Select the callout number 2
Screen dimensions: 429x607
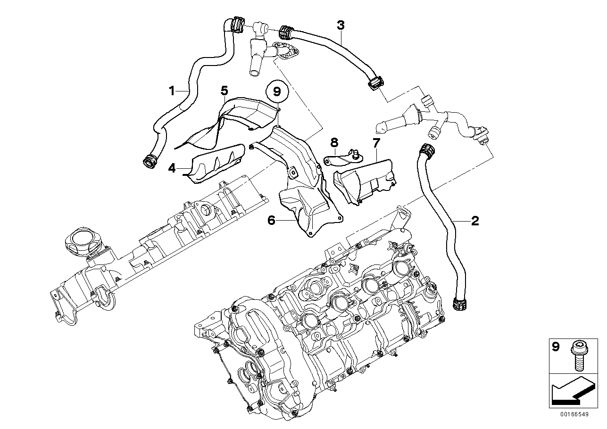click(475, 220)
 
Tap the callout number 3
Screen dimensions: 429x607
click(341, 25)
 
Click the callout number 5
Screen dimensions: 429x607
click(224, 90)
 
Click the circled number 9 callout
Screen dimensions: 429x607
click(277, 91)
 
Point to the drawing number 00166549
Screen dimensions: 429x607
click(574, 414)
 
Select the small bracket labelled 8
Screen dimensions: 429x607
click(342, 158)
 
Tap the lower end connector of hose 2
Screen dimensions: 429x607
click(458, 304)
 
